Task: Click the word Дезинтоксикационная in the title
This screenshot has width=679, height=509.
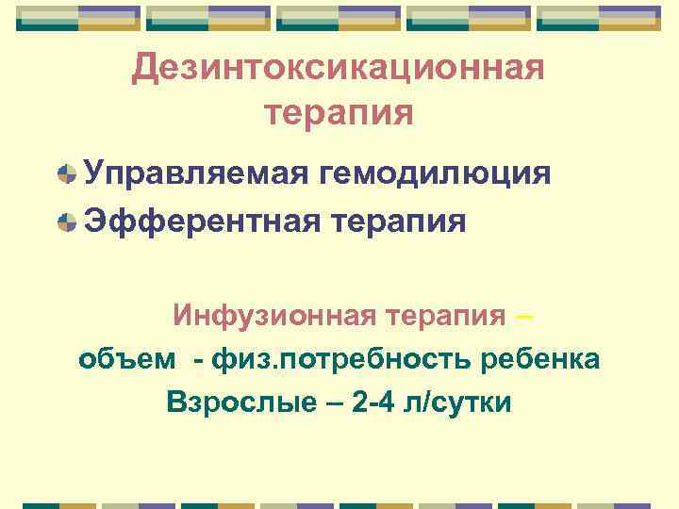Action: coord(339,68)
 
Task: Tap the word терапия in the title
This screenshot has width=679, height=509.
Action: coord(339,113)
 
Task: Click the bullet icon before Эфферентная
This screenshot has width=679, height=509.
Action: coord(67,222)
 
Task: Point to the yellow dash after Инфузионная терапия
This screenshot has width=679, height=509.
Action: coord(524,316)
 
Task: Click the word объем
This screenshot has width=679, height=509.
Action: coord(126,360)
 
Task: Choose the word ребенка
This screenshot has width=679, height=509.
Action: coord(540,359)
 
